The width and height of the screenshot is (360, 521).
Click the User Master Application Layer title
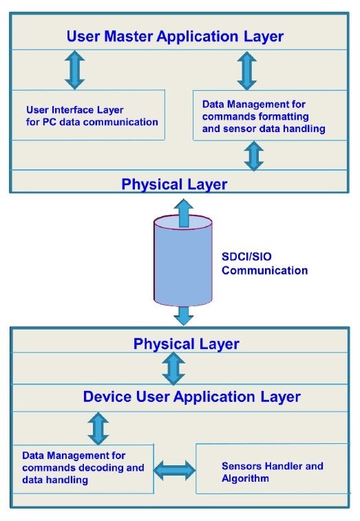point(174,36)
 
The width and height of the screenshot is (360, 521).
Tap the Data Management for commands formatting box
point(268,116)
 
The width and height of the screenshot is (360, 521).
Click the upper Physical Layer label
point(174,184)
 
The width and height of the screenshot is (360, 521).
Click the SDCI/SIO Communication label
point(264,264)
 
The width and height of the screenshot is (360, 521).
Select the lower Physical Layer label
point(186,343)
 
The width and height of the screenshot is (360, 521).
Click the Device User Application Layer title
point(191,396)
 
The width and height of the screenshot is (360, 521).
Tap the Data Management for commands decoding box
point(83,467)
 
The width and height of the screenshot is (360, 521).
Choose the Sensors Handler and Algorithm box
point(271,471)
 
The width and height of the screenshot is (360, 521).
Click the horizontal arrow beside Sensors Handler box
point(174,471)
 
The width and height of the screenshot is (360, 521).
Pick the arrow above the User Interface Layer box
point(74,69)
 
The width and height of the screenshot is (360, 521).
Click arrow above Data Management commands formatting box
point(246,69)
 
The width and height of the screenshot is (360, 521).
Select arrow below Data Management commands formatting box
point(255,156)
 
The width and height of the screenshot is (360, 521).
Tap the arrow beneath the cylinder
point(183,315)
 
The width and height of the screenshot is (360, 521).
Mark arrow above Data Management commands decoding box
point(98,428)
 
